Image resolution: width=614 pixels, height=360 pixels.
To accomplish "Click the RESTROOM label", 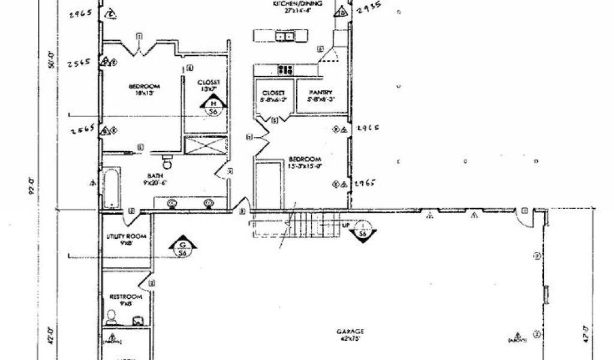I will coord(126,300).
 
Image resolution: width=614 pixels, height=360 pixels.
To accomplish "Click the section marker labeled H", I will coord(213,107).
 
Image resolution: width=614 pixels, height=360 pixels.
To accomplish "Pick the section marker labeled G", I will coord(182,249).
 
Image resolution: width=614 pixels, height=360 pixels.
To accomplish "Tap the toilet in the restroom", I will coord(112,316).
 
